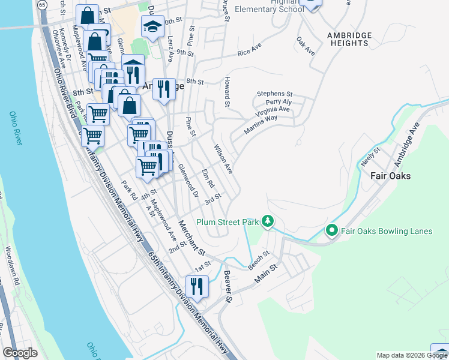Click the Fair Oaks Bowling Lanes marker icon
(331, 230)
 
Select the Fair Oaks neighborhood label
(391, 176)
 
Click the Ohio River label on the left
(16, 128)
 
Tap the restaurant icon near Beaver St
(197, 285)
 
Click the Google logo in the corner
(19, 353)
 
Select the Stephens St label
(274, 94)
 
